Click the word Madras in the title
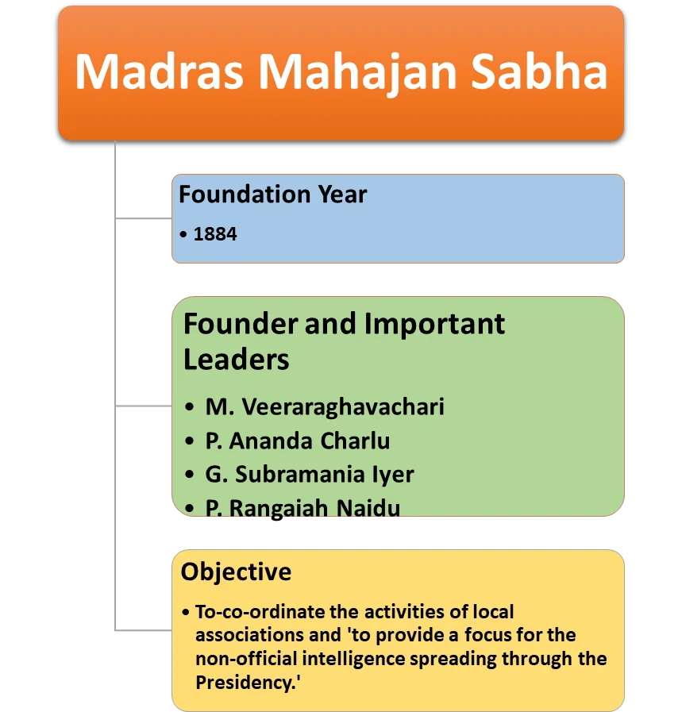pyautogui.click(x=160, y=71)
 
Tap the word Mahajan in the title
pyautogui.click(x=357, y=74)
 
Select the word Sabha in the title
pyautogui.click(x=539, y=71)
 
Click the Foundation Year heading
pyautogui.click(x=272, y=194)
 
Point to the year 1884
pyautogui.click(x=215, y=234)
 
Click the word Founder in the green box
pyautogui.click(x=241, y=324)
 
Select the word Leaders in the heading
pyautogui.click(x=236, y=360)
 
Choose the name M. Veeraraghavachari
pyautogui.click(x=325, y=407)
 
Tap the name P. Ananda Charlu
pyautogui.click(x=298, y=441)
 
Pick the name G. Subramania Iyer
pyautogui.click(x=310, y=475)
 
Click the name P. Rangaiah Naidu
pyautogui.click(x=302, y=508)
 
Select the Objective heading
pyautogui.click(x=236, y=572)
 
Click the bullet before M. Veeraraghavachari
pyautogui.click(x=189, y=406)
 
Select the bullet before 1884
pyautogui.click(x=183, y=234)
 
